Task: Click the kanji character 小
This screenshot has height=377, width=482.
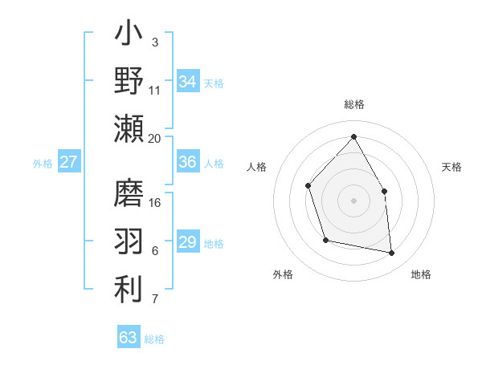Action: pyautogui.click(x=129, y=35)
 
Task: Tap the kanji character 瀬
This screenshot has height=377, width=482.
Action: pyautogui.click(x=129, y=129)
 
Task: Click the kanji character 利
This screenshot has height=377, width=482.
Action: pyautogui.click(x=129, y=288)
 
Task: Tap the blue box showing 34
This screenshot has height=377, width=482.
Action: pyautogui.click(x=188, y=82)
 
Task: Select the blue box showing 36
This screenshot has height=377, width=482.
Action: pyautogui.click(x=188, y=162)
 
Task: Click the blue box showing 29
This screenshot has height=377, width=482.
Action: pyautogui.click(x=188, y=242)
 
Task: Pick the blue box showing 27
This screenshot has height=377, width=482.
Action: pyautogui.click(x=69, y=162)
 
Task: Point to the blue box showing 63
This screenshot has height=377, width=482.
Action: pyautogui.click(x=129, y=338)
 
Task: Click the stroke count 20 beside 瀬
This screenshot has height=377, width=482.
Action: pyautogui.click(x=155, y=138)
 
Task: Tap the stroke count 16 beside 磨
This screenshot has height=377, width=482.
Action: pyautogui.click(x=155, y=202)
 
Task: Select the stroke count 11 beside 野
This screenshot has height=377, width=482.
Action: pyautogui.click(x=155, y=90)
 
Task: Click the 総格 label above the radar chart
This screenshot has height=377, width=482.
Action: pyautogui.click(x=353, y=104)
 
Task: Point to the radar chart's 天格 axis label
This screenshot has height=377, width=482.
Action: pyautogui.click(x=452, y=167)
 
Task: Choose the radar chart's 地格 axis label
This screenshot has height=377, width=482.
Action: pyautogui.click(x=421, y=274)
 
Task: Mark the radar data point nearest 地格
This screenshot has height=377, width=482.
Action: pyautogui.click(x=392, y=253)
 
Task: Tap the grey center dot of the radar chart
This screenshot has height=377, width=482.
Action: pyautogui.click(x=353, y=200)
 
